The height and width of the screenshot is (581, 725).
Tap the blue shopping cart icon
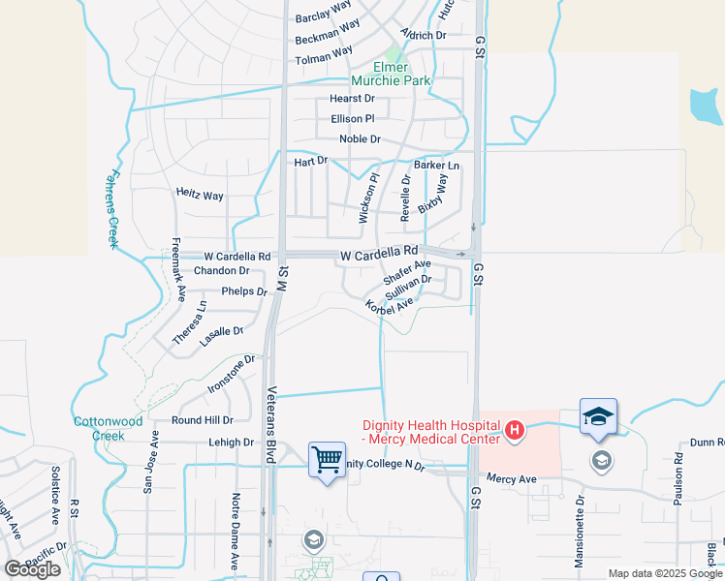pyautogui.click(x=327, y=459)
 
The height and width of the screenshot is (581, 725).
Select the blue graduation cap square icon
pyautogui.click(x=598, y=415)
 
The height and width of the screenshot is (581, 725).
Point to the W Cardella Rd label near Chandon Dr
pyautogui.click(x=237, y=257)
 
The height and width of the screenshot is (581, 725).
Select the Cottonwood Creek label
pyautogui.click(x=108, y=428)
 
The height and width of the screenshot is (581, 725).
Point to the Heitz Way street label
pyautogui.click(x=200, y=195)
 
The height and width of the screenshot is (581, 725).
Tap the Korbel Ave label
pyautogui.click(x=390, y=306)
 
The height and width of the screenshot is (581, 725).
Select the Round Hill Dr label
pyautogui.click(x=203, y=420)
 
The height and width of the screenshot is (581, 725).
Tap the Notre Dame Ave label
pyautogui.click(x=235, y=531)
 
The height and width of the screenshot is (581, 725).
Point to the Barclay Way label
pyautogui.click(x=323, y=12)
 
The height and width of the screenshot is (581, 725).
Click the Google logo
pyautogui.click(x=32, y=569)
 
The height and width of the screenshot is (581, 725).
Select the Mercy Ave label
pyautogui.click(x=511, y=479)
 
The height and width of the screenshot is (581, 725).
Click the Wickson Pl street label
pyautogui.click(x=366, y=199)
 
